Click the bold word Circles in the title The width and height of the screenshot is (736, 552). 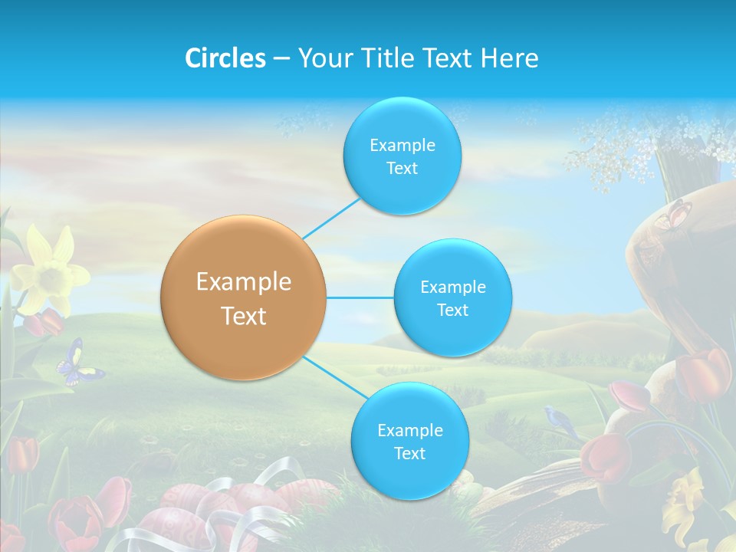pos(225,58)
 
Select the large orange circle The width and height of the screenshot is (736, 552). pos(244,297)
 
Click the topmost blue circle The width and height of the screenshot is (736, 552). pos(402,156)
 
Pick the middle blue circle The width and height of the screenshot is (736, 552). pos(452,297)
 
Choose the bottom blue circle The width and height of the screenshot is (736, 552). pos(409,441)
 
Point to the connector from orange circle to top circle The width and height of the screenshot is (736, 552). pos(331,218)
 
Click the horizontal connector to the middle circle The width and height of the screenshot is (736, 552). pos(360,297)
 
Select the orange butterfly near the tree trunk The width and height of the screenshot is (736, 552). pos(672,215)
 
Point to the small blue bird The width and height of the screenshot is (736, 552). pos(561,419)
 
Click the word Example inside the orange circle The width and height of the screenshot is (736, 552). pos(244,281)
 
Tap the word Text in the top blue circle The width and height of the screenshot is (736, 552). pos(402,169)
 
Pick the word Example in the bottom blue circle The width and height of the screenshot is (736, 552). pos(409,430)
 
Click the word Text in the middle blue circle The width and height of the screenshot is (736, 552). pos(452,310)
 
